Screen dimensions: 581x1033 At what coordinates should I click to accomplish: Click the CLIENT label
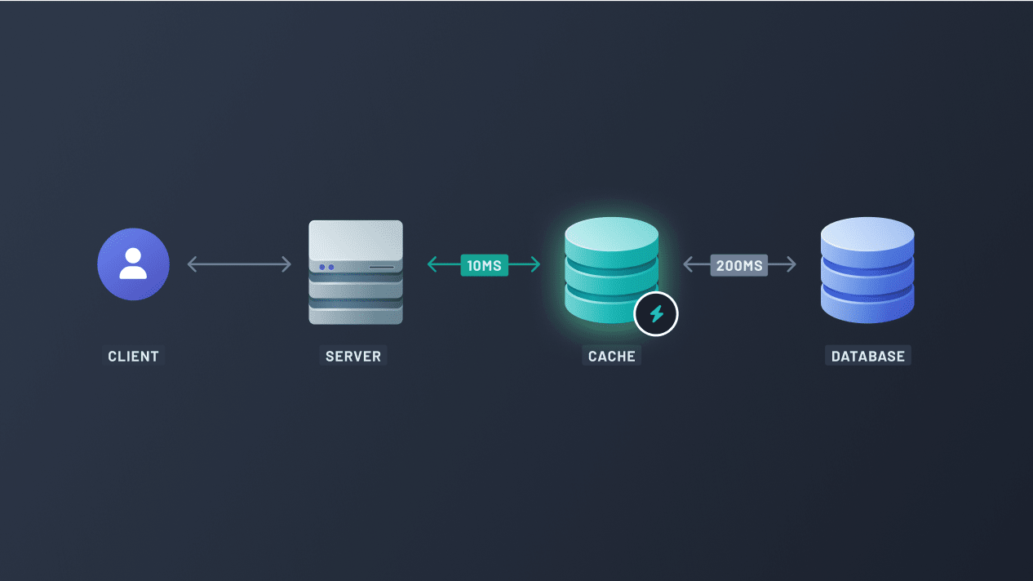pos(133,356)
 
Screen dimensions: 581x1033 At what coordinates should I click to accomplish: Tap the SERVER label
pos(353,356)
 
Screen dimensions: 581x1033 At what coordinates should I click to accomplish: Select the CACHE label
pos(611,356)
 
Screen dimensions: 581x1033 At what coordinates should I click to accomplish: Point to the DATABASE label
pos(867,356)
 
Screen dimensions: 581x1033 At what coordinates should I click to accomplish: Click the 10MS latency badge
pos(484,264)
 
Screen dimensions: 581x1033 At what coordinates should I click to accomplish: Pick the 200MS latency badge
pos(739,264)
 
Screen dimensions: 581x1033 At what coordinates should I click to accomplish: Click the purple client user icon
pos(133,264)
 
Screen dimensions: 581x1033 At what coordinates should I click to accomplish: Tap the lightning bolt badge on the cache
pos(656,313)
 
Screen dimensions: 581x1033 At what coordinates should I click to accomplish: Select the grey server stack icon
pos(356,273)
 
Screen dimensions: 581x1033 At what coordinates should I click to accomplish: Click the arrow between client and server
pos(239,264)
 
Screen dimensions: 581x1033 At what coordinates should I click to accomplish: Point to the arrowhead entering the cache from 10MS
pos(535,264)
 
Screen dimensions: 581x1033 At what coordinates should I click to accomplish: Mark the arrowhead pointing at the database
pos(791,264)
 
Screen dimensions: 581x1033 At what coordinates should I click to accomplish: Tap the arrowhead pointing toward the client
pos(192,264)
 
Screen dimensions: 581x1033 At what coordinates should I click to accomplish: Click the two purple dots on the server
pos(327,267)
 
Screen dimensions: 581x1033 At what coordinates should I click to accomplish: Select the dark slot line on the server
pos(381,267)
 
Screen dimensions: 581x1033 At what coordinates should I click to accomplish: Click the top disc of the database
pos(867,234)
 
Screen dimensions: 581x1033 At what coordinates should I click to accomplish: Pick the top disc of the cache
pos(611,234)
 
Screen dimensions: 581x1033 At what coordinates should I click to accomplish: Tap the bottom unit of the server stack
pos(356,313)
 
